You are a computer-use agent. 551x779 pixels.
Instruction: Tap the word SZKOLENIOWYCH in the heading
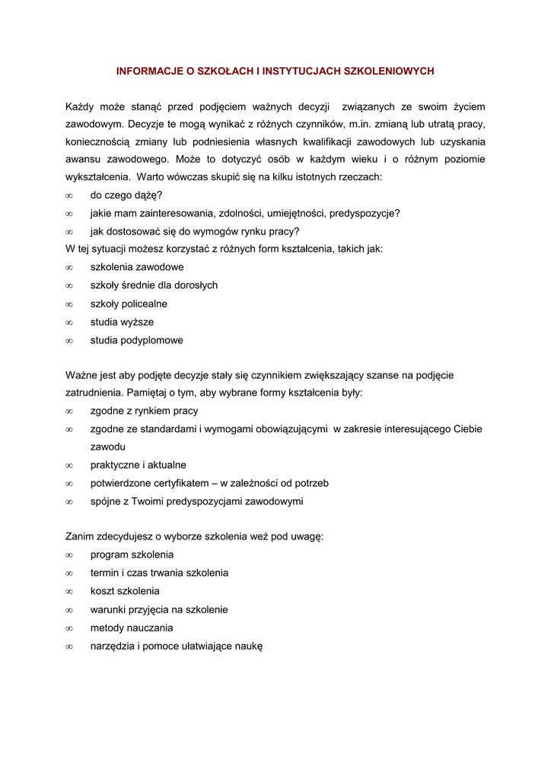(389, 71)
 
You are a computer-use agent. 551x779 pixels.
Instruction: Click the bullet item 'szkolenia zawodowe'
(137, 267)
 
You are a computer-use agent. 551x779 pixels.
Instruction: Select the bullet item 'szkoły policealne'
(129, 304)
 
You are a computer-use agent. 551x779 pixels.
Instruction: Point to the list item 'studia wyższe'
(122, 322)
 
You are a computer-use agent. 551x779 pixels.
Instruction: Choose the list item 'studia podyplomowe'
(137, 340)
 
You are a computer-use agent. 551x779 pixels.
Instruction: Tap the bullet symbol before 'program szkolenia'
(68, 555)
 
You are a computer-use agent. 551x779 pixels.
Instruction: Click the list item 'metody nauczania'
(132, 628)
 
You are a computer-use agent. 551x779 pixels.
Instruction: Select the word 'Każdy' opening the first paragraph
(79, 107)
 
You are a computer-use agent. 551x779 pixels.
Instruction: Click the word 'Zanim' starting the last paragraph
(80, 536)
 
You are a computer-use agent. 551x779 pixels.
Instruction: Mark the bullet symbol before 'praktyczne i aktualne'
(68, 465)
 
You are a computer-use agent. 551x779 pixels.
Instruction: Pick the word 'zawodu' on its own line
(108, 447)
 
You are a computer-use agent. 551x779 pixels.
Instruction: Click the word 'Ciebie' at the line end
(467, 429)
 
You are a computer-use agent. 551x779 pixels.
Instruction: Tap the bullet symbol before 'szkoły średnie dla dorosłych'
(68, 285)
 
